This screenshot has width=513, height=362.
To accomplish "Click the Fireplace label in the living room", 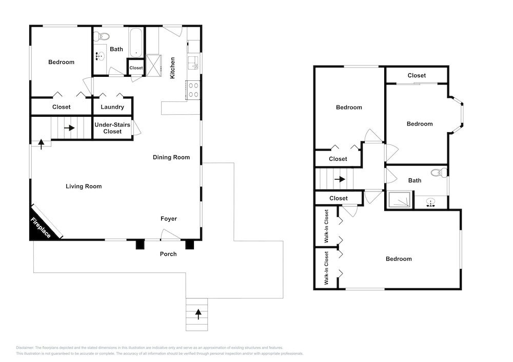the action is click(x=41, y=227).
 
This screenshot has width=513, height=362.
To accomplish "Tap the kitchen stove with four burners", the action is click(x=193, y=90).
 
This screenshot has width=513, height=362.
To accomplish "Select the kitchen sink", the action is click(x=193, y=62).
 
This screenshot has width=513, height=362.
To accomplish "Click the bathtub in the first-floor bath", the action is click(x=136, y=42).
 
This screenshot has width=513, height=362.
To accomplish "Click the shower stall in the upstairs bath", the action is click(x=399, y=200).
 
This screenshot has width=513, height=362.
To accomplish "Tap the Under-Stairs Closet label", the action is click(x=112, y=128).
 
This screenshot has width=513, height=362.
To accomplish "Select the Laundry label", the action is click(x=112, y=107).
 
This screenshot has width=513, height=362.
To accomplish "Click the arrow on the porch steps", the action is click(x=198, y=314).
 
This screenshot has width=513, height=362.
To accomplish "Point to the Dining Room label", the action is click(x=171, y=157).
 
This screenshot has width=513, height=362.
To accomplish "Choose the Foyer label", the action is click(x=168, y=219).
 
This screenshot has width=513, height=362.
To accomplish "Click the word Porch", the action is click(x=168, y=254).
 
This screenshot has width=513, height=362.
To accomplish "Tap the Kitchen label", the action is click(x=172, y=68).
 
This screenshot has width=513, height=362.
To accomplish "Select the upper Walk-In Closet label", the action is click(x=326, y=226).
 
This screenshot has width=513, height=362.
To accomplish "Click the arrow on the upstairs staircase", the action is click(x=340, y=179).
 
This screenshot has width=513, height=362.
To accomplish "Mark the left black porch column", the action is click(x=140, y=244).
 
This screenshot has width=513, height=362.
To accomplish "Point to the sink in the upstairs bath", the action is click(x=430, y=202).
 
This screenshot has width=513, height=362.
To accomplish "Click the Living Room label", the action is click(x=84, y=186).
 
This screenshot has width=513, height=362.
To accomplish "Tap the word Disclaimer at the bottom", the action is click(x=25, y=348).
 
